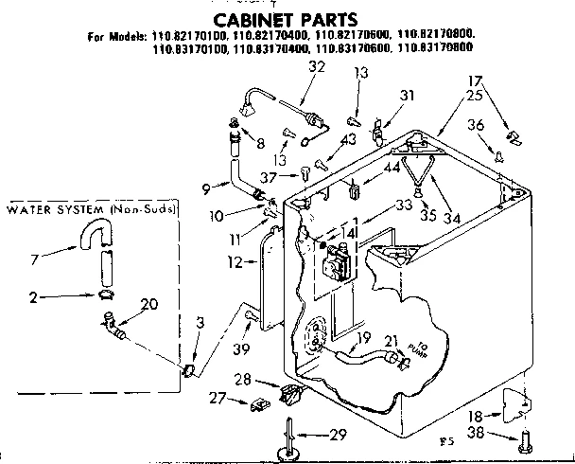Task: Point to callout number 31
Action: tap(407, 95)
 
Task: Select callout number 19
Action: tap(362, 336)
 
